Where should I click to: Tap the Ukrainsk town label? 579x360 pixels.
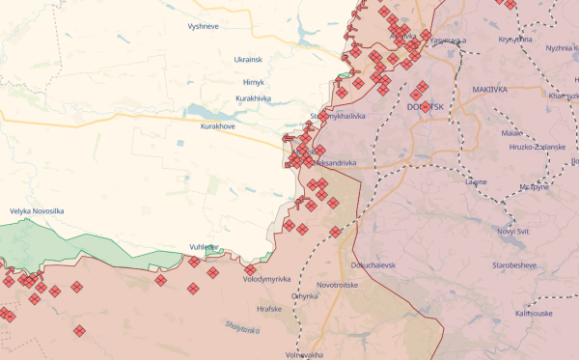click(x=248, y=60)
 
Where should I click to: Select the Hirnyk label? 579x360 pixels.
click(x=254, y=82)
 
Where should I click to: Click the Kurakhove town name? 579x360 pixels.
click(x=218, y=126)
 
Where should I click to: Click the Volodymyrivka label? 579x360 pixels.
click(x=267, y=279)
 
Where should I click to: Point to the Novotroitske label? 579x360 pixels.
click(x=340, y=286)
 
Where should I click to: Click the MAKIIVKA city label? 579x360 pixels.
click(x=490, y=90)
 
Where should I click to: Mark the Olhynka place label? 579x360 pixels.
click(x=304, y=297)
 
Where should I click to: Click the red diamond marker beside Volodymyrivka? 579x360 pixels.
click(x=251, y=269)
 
